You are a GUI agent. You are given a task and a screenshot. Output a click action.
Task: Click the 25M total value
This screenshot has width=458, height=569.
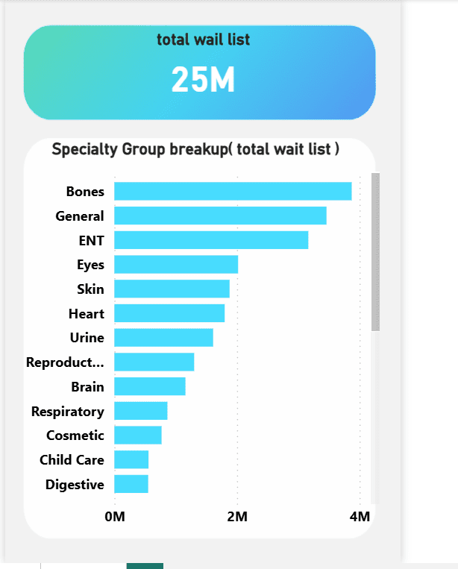point(203,80)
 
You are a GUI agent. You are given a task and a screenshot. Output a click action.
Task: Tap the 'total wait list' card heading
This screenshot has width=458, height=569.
point(203,40)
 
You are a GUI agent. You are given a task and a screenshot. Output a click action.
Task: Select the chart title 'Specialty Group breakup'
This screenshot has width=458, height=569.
point(195,149)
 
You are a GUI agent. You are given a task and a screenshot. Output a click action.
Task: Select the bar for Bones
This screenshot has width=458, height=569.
point(232,191)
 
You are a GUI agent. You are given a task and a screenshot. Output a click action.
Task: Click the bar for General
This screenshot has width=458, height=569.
point(220,216)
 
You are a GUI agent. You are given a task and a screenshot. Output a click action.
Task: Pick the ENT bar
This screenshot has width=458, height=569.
point(210,240)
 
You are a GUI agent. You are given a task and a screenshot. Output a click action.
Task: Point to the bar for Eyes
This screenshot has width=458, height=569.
point(176,264)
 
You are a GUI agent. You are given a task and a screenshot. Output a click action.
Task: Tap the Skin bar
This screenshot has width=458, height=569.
point(172,289)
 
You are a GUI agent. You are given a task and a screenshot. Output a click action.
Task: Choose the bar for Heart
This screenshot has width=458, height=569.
point(169,313)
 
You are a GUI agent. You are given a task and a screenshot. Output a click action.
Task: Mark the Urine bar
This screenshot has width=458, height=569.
point(163,337)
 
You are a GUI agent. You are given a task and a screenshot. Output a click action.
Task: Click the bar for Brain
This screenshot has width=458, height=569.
point(149,386)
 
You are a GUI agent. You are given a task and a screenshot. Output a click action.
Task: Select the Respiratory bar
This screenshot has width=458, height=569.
point(140,411)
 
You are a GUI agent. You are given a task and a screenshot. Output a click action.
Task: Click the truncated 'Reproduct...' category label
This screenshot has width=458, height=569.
point(65,362)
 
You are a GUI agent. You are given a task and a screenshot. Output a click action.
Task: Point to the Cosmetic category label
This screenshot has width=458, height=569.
point(75,436)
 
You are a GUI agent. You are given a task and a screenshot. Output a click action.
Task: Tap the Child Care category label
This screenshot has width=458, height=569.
point(72,459)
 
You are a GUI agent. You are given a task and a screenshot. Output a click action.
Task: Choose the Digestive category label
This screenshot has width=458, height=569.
point(75,484)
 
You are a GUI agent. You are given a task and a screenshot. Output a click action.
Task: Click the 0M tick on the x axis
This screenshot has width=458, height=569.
point(114,517)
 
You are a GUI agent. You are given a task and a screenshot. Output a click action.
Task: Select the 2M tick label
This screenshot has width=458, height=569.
point(236,517)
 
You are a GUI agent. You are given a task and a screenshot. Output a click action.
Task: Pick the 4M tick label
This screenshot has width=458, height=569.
point(359,517)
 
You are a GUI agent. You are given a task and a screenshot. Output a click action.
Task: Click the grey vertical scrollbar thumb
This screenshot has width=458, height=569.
point(375,251)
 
